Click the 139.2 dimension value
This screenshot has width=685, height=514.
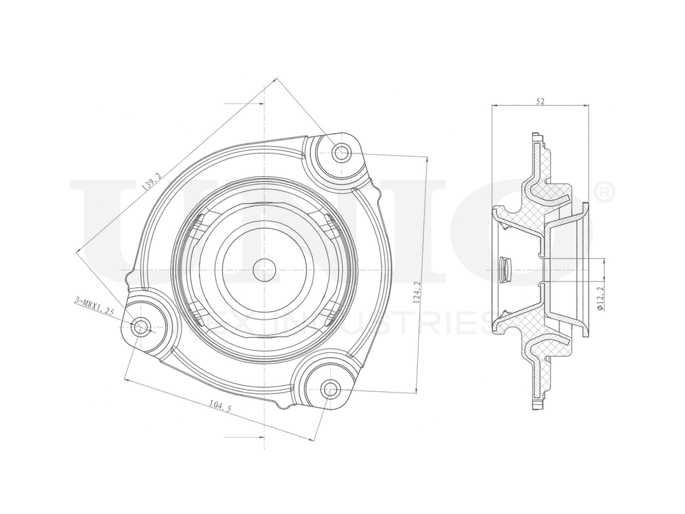tap(151, 182)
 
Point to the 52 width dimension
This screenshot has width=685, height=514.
tap(540, 101)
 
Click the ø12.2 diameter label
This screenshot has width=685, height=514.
tap(599, 299)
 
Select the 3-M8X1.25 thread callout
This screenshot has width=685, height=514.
tap(94, 306)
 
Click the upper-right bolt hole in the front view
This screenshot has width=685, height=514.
tap(341, 153)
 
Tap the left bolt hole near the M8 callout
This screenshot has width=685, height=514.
tap(141, 326)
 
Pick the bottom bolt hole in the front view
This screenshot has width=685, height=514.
tap(330, 389)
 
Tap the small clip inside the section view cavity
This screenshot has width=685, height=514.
tap(506, 269)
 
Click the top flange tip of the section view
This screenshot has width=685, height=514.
tap(538, 134)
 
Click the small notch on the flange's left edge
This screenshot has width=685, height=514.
tap(127, 278)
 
